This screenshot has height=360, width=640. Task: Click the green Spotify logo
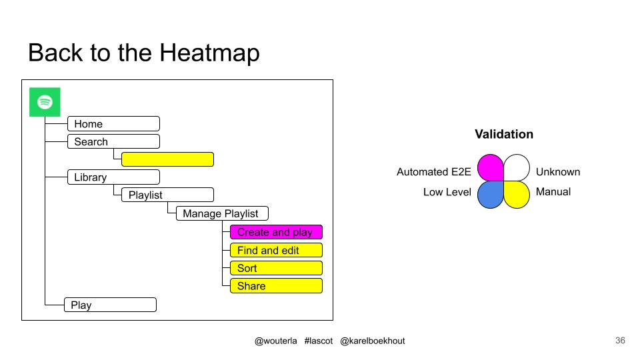45,102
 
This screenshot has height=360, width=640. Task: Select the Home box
113,124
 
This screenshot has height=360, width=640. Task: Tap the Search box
113,141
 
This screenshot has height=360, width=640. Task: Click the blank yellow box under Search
168,159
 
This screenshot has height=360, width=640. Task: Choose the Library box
113,177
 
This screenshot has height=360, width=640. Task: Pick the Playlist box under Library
168,195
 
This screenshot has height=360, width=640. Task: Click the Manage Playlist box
222,213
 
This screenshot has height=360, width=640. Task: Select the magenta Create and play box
276,232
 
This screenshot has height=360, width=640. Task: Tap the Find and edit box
276,250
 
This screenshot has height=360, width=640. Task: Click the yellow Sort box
276,268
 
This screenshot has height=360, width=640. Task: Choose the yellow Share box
276,286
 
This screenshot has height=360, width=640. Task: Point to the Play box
110,305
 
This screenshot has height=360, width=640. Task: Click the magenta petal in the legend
491,167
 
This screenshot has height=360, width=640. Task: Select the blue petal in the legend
491,195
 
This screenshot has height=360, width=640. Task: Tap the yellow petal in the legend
517,195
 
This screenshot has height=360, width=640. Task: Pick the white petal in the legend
517,167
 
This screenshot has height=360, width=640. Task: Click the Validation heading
504,134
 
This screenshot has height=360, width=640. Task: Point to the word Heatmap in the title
209,53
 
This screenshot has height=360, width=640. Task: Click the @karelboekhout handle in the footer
372,341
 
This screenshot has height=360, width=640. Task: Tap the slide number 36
620,341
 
